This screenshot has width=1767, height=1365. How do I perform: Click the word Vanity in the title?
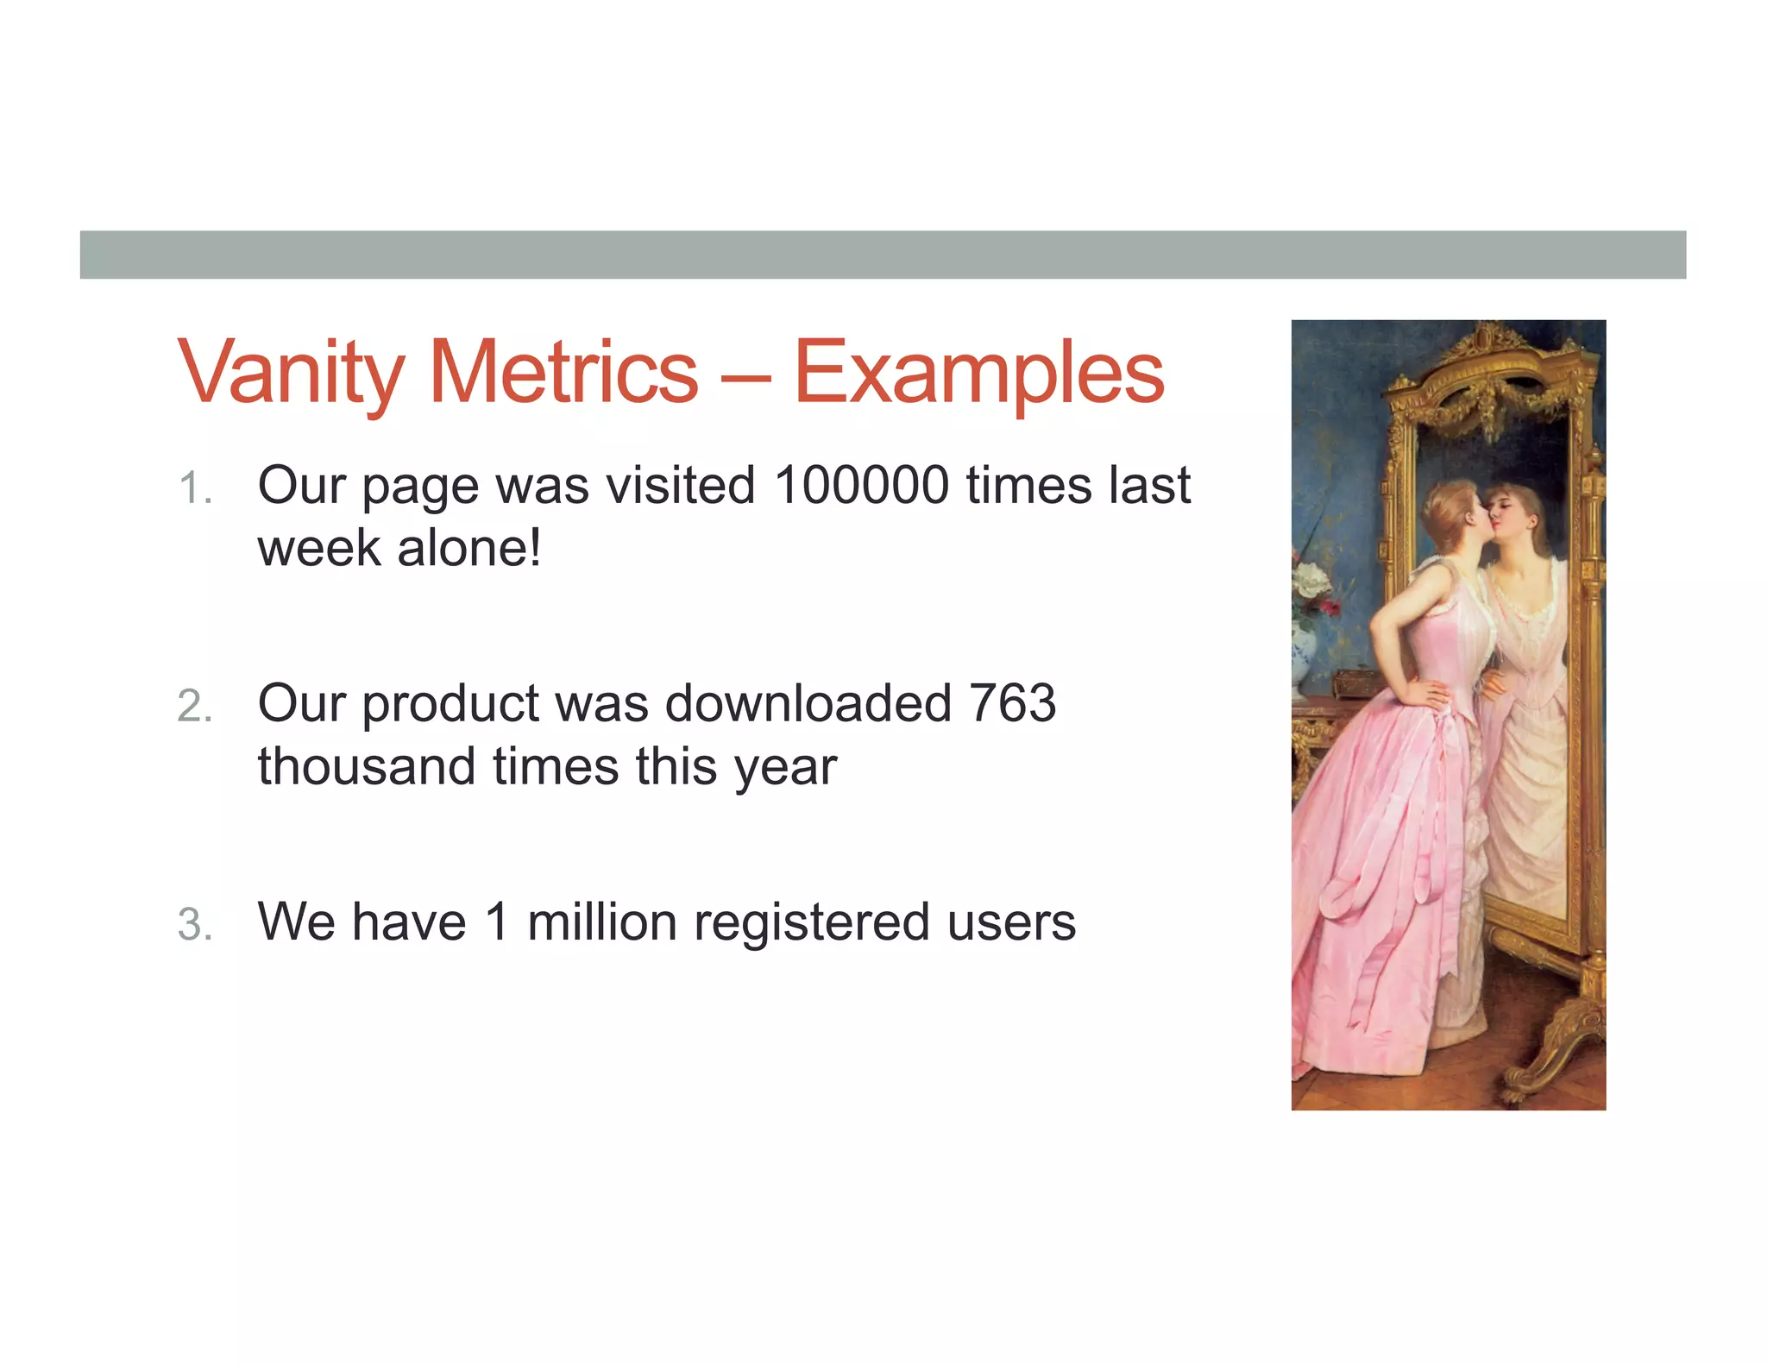click(290, 373)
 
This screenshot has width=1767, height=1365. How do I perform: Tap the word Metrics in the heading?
click(563, 373)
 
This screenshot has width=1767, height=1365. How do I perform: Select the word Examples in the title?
click(978, 373)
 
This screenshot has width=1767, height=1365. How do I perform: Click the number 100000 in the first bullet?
click(862, 486)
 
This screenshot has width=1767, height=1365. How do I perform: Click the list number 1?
click(193, 488)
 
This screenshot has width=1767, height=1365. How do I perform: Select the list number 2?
click(194, 707)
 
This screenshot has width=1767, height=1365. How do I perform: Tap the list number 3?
click(194, 925)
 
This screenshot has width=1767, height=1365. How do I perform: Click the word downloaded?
click(808, 703)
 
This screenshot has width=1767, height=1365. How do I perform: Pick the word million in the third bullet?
click(601, 922)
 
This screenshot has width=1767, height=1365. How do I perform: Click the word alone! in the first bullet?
click(468, 549)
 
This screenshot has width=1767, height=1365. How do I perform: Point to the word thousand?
click(367, 766)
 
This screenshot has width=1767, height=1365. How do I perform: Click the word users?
click(1011, 923)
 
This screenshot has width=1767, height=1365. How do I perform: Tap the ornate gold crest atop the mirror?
click(1486, 341)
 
